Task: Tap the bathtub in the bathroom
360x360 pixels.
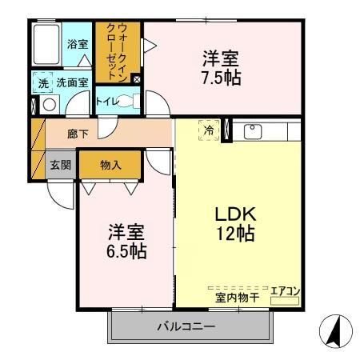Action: (48, 46)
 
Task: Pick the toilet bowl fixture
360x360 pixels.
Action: (130, 102)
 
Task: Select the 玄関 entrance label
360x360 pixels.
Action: (61, 165)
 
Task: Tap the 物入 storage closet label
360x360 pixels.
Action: (110, 165)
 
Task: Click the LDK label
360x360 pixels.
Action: (234, 214)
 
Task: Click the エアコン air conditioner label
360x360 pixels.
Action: (284, 290)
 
